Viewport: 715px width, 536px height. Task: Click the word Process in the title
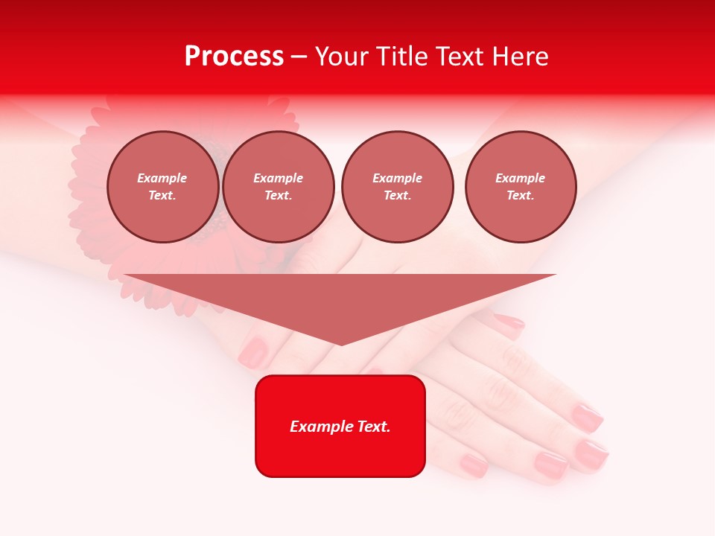tap(234, 57)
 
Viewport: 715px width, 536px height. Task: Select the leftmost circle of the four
tap(163, 187)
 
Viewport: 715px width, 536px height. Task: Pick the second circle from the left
tap(279, 187)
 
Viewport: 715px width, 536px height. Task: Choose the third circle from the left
tap(397, 187)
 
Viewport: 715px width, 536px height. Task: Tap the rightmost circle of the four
tap(521, 187)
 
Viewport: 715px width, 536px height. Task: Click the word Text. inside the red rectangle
tap(374, 427)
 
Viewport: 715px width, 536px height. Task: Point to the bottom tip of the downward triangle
tap(341, 344)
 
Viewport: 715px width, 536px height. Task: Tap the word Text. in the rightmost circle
tap(521, 196)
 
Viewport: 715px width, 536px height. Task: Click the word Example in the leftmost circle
tap(162, 178)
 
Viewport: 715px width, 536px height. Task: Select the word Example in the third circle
tap(397, 178)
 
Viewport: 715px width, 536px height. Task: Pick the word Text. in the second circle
tap(279, 196)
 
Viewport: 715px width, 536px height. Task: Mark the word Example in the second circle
tap(279, 178)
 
